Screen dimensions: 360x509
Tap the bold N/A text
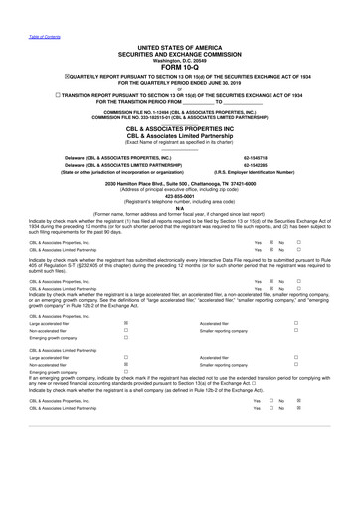180,207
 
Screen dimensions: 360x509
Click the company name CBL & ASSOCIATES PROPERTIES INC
180,130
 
